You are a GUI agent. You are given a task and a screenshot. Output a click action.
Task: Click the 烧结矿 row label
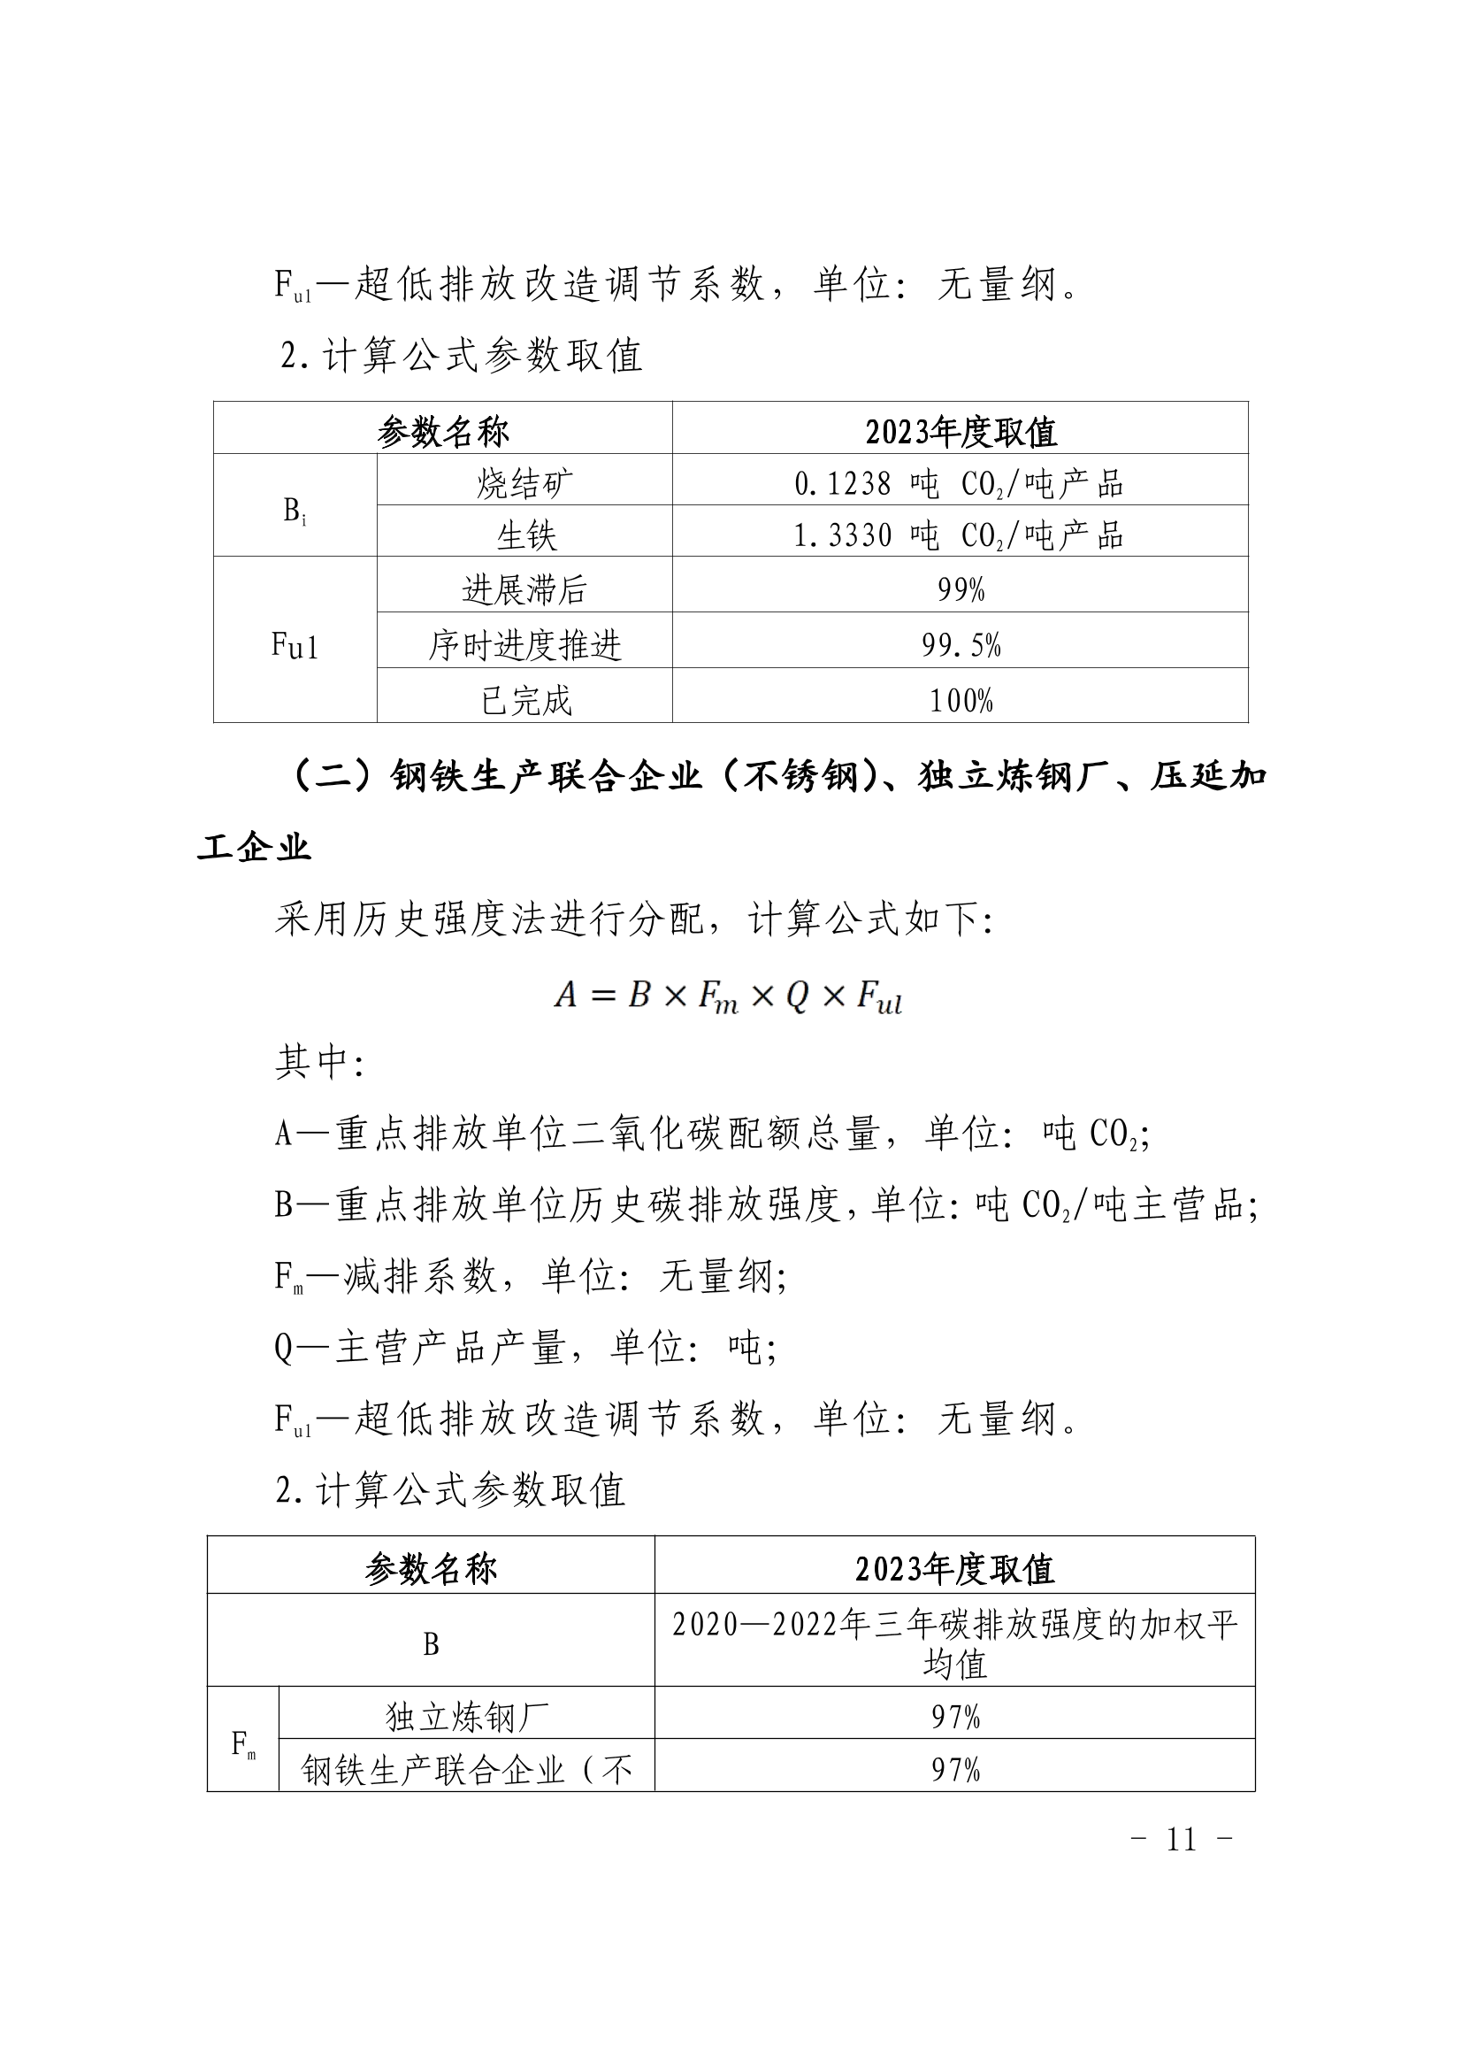pos(524,484)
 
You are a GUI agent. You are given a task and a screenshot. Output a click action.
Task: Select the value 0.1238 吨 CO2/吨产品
pos(960,484)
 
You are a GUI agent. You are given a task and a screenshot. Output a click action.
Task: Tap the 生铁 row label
pos(526,535)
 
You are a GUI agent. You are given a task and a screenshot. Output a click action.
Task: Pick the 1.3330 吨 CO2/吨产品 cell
pos(960,535)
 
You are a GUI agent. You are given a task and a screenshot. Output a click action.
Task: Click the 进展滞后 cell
pos(524,590)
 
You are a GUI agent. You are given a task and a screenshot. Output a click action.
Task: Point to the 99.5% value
pos(961,645)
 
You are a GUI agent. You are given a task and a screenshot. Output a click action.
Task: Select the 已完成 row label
pos(526,700)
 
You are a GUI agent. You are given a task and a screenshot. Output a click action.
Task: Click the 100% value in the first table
pos(961,700)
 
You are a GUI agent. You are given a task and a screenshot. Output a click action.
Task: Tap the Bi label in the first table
pos(295,511)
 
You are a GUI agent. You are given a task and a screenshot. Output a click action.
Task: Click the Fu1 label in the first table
pos(295,645)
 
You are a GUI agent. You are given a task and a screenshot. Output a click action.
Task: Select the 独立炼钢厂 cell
pos(467,1717)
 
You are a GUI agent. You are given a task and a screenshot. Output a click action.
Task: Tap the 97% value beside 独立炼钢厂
pos(956,1717)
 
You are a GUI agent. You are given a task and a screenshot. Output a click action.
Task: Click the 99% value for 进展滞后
pos(961,590)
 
